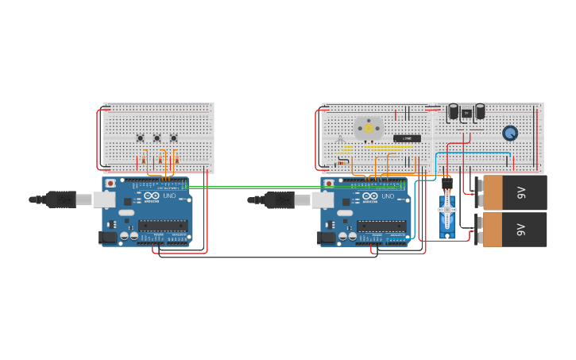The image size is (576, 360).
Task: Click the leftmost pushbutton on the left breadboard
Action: pos(141,138)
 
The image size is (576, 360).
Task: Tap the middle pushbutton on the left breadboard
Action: pos(157,138)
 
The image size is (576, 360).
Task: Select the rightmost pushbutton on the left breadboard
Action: pos(174,138)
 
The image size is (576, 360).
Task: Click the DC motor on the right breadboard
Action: pos(368,128)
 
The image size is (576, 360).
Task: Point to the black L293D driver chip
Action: pos(407,138)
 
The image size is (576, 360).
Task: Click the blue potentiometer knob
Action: pos(510,133)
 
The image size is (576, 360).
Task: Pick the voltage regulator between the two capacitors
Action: pos(466,112)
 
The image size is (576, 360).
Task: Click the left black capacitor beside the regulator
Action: pos(454,111)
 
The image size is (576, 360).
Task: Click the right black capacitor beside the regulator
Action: pos(479,111)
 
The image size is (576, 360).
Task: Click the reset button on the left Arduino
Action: pos(110,184)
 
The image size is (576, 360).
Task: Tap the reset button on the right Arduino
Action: pos(329,184)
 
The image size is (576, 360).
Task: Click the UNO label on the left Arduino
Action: pos(168,195)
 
